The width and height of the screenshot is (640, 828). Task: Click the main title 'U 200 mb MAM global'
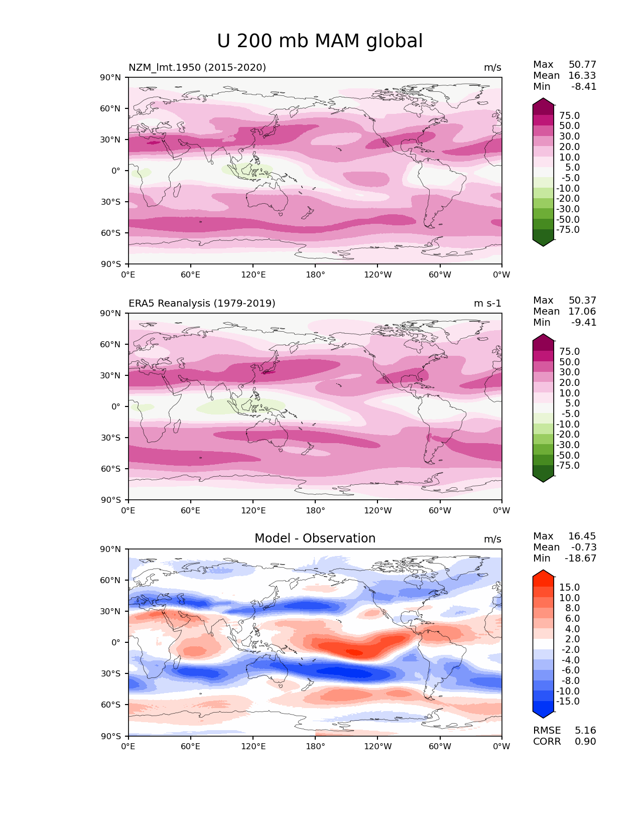pos(320,41)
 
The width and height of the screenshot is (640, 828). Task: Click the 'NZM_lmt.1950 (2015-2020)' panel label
pos(197,67)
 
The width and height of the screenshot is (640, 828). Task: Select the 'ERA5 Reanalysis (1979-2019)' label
pos(202,303)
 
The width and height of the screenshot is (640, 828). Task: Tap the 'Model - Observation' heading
pos(315,538)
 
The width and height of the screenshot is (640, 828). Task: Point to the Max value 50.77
pos(582,64)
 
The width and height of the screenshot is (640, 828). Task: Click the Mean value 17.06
pos(582,311)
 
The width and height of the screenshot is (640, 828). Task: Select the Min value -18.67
pos(580,558)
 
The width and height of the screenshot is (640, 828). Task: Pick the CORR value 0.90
pos(585,741)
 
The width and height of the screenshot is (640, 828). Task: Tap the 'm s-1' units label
pos(487,303)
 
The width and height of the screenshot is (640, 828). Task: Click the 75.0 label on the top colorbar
pos(569,115)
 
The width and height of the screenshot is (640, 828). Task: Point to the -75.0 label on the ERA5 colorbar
pos(568,465)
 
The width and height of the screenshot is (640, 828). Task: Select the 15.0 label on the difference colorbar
pos(569,587)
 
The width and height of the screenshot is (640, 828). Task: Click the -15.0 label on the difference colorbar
pos(568,701)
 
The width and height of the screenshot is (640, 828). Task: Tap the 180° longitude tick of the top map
pos(315,274)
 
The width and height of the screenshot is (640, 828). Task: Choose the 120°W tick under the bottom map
pos(377,746)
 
